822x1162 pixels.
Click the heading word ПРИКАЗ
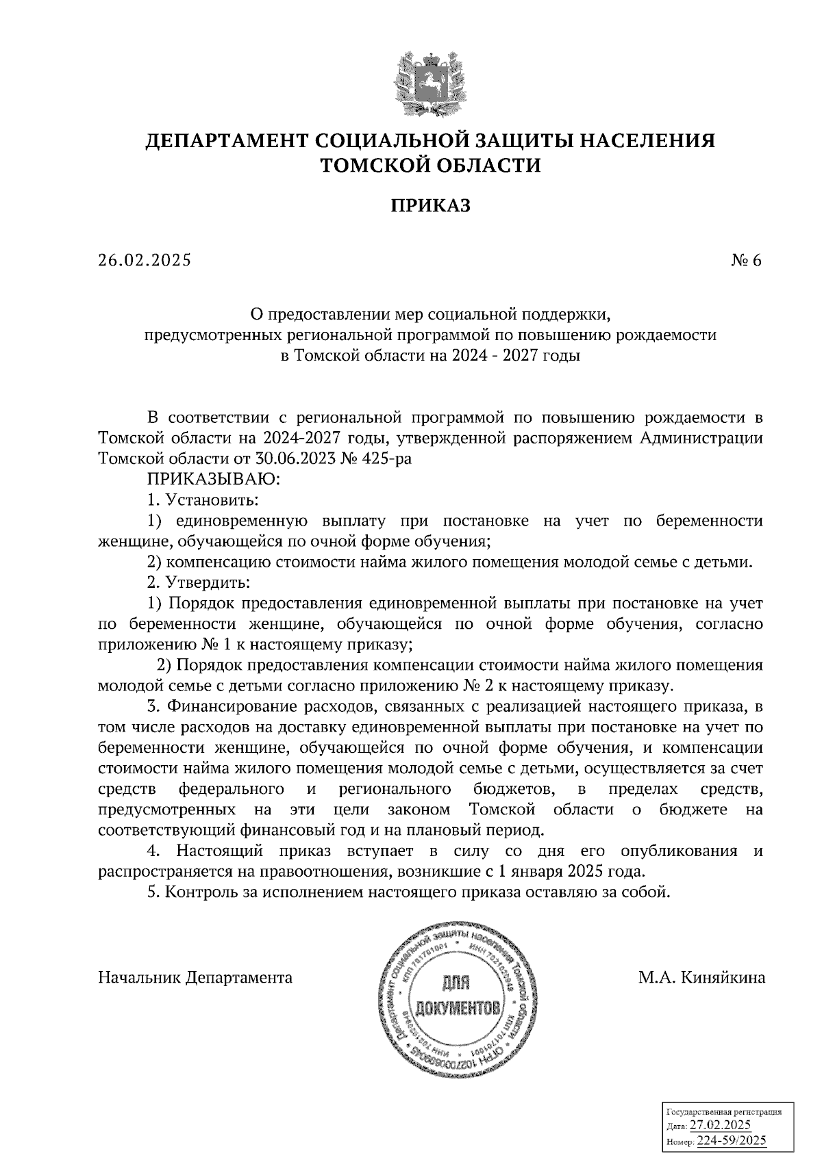point(430,206)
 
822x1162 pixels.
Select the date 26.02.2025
point(145,261)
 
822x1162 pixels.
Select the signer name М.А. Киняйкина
point(701,978)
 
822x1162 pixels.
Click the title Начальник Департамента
point(195,978)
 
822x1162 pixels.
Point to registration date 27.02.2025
point(720,1125)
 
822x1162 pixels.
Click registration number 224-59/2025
point(731,1140)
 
